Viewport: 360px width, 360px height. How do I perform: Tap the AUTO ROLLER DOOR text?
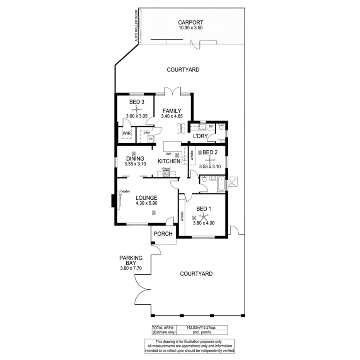tap(136, 26)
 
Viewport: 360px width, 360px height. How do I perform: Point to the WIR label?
tap(126, 134)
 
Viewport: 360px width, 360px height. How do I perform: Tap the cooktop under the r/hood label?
tap(166, 174)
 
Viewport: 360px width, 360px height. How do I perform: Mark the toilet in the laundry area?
tap(221, 127)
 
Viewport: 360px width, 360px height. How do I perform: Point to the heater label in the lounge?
tap(125, 191)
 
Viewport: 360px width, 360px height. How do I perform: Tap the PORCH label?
tap(163, 234)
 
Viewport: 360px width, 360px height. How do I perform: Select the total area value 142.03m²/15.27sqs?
tap(201, 327)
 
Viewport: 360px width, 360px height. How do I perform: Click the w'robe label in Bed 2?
tap(192, 155)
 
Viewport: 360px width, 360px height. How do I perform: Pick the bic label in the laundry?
tap(211, 126)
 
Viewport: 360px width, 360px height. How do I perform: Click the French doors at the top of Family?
tap(173, 92)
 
